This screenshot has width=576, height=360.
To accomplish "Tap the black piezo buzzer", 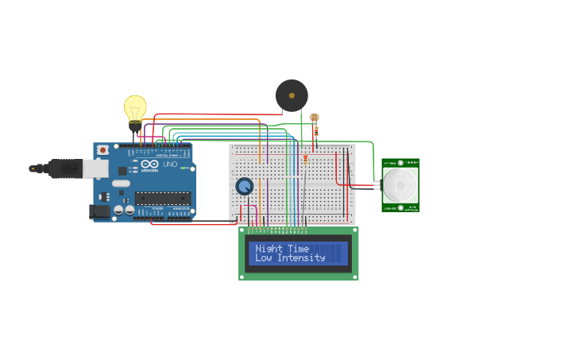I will pyautogui.click(x=292, y=95).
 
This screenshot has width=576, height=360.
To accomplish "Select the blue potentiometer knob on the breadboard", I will pyautogui.click(x=245, y=186).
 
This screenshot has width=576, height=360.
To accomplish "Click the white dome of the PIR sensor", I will pyautogui.click(x=400, y=184).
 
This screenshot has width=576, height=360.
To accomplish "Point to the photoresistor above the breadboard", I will pyautogui.click(x=315, y=118).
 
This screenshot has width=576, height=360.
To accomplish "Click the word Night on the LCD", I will pyautogui.click(x=270, y=249).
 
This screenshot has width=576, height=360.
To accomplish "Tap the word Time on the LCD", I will pyautogui.click(x=299, y=249).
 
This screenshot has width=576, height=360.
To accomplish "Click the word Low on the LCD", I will pyautogui.click(x=263, y=258).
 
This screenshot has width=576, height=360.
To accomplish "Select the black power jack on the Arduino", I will pyautogui.click(x=99, y=211).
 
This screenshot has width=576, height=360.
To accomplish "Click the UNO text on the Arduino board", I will pyautogui.click(x=170, y=165).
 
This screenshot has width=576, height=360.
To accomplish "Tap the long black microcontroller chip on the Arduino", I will pyautogui.click(x=163, y=199).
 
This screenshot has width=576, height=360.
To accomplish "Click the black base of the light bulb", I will pyautogui.click(x=135, y=126).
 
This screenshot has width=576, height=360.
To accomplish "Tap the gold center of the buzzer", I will pyautogui.click(x=292, y=95).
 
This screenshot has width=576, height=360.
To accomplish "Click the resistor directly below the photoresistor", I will pyautogui.click(x=315, y=132).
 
